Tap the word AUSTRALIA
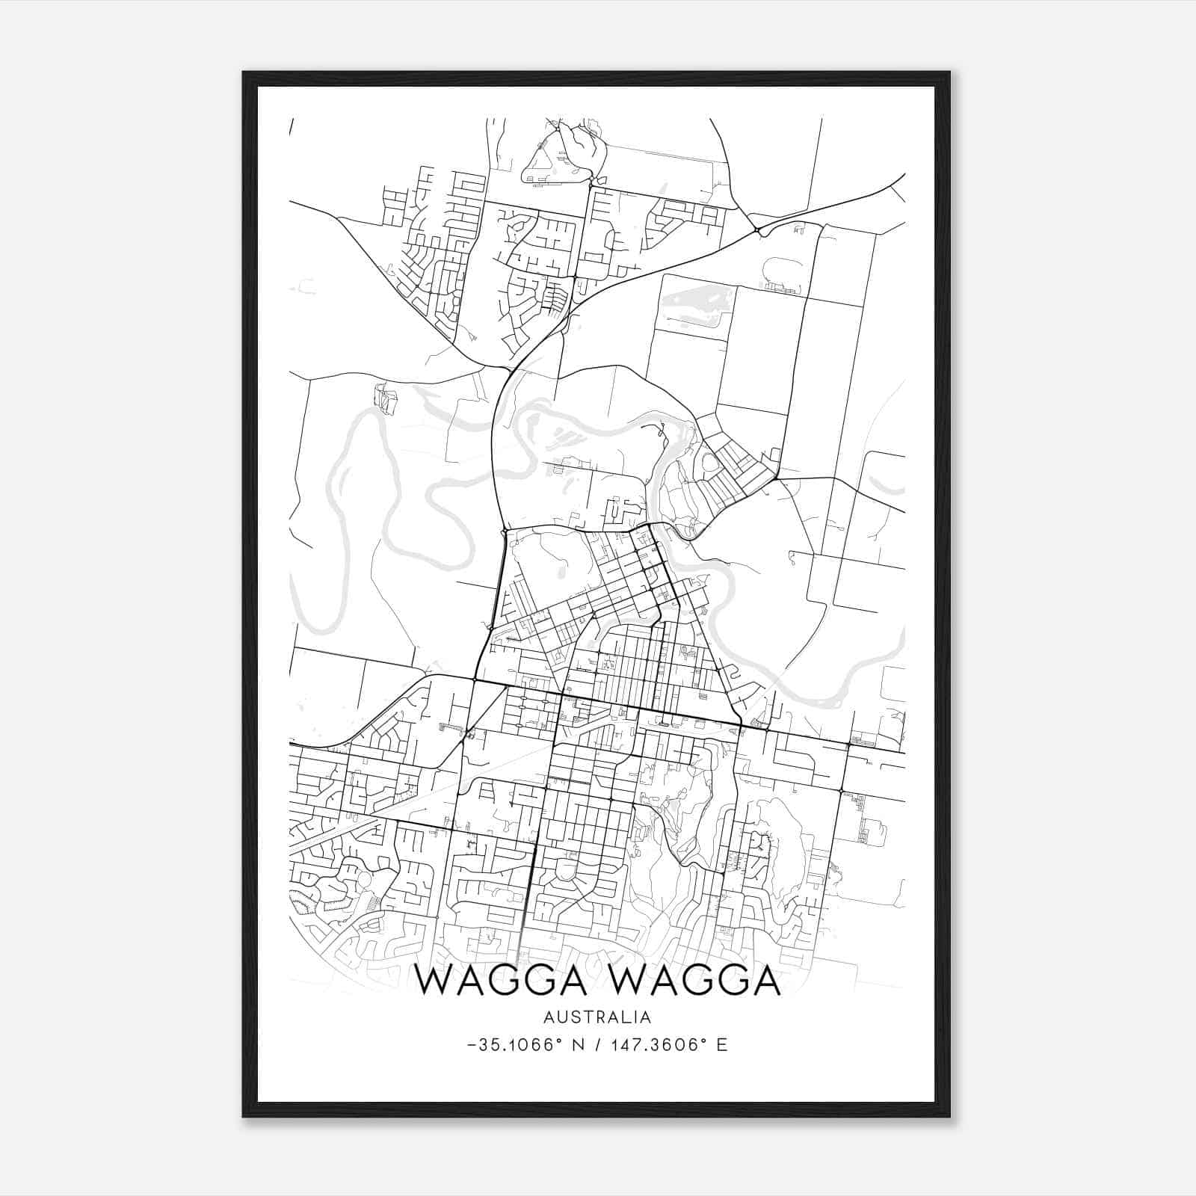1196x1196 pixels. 597,1017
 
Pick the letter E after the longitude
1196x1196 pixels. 721,1045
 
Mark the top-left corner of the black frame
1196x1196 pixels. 243,73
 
